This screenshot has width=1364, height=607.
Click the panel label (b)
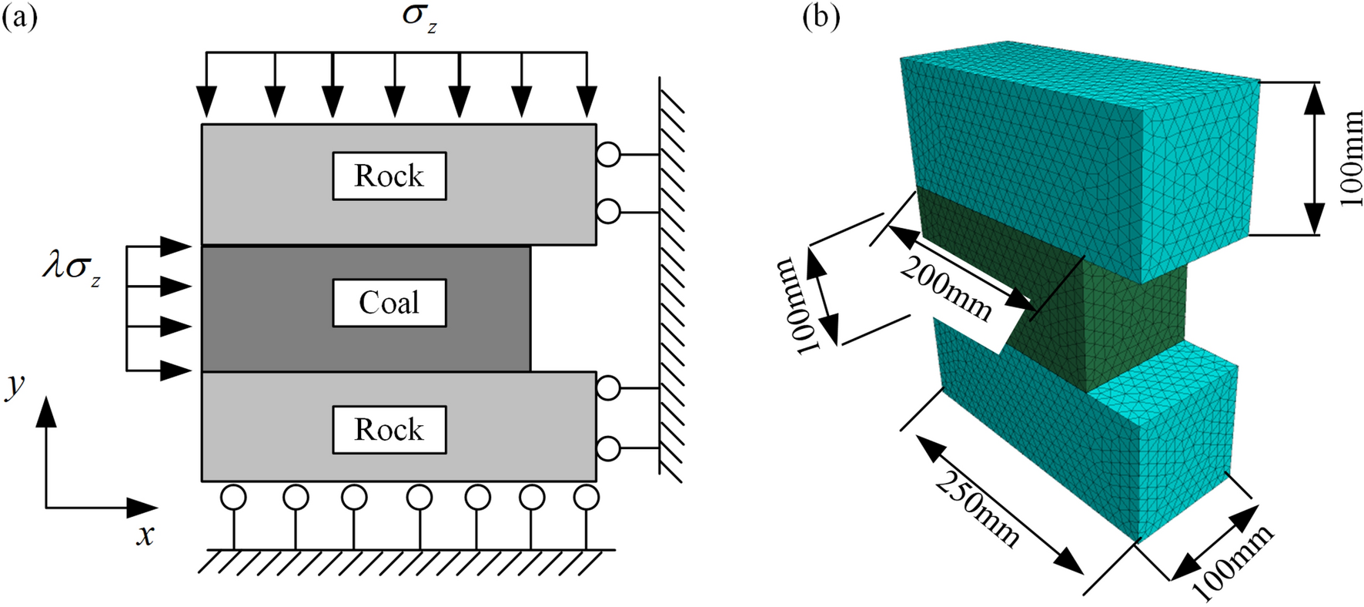tap(821, 16)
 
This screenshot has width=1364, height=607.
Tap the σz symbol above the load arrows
tap(420, 18)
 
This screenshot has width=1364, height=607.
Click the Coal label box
tap(389, 303)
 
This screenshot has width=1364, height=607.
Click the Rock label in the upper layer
tap(389, 176)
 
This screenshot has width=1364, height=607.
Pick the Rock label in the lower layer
tap(389, 430)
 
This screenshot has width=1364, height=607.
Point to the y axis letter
tap(15, 385)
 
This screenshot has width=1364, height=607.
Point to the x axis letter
tap(145, 535)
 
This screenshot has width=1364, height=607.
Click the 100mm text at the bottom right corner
tap(1232, 563)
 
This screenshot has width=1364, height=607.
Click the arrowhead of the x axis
tap(145, 508)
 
